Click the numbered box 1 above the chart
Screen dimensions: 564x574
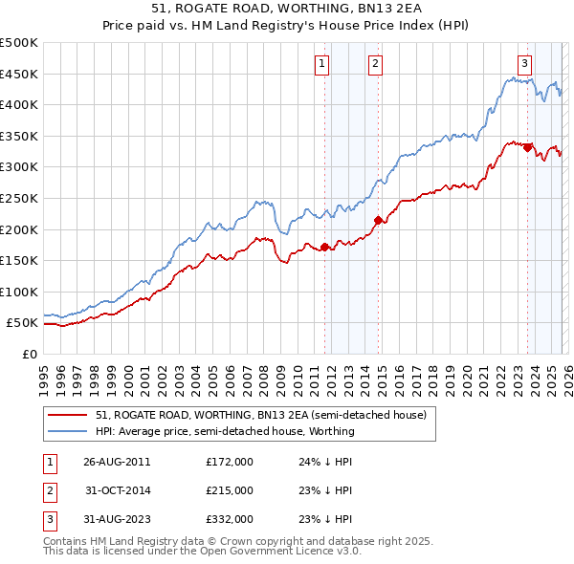click(321, 64)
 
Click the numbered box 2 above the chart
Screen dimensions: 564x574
click(375, 64)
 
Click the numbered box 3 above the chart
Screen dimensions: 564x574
click(525, 64)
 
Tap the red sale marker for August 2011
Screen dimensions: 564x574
click(324, 247)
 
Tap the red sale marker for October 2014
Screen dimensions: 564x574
click(378, 220)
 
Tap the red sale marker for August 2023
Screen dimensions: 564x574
click(527, 147)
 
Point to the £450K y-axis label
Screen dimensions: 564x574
click(19, 74)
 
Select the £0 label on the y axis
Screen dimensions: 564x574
click(29, 354)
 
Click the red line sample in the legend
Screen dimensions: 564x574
click(68, 415)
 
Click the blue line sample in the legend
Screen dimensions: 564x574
click(68, 431)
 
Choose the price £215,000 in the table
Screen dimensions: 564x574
click(230, 490)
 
